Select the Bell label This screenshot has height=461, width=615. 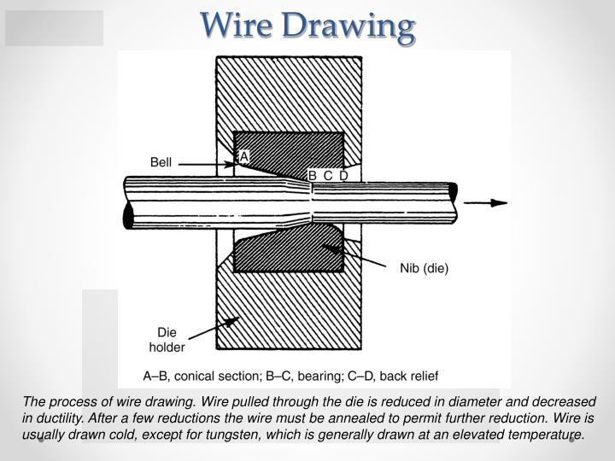point(161,162)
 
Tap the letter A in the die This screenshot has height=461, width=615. point(243,156)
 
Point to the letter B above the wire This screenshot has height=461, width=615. point(313,176)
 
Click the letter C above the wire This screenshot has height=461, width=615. point(328,176)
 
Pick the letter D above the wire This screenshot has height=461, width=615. point(343,176)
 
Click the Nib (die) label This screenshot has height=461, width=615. point(424,268)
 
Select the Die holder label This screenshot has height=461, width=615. point(167,340)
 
